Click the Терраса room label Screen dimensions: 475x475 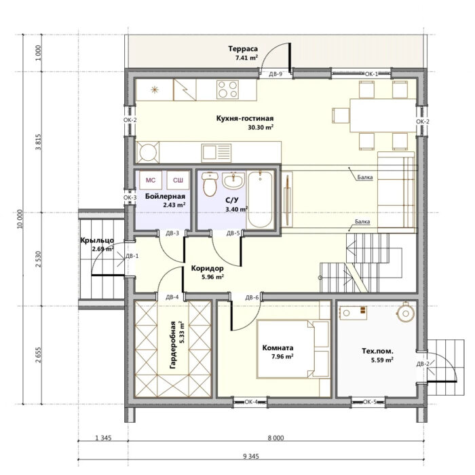point(243,49)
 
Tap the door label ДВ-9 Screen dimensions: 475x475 point(275,74)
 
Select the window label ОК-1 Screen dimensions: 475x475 point(371,73)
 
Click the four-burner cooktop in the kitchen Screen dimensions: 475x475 point(227,90)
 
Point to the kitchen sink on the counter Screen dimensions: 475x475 point(216,152)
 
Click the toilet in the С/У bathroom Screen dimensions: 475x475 point(209,184)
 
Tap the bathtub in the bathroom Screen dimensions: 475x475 point(260,200)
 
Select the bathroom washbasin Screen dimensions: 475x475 point(233,180)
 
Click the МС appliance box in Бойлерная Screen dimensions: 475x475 point(151,180)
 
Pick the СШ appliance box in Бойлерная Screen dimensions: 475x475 point(178,180)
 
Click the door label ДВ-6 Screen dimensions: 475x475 point(252,297)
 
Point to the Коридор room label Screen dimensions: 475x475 point(208,268)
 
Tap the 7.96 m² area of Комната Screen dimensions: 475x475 point(282,356)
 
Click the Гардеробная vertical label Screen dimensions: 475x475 point(172,345)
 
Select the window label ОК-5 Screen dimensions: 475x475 point(370,402)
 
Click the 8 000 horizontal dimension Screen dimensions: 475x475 point(275,438)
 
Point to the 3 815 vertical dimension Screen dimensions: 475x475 point(38,142)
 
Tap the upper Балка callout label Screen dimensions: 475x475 point(365,177)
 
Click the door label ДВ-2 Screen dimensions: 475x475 point(423,364)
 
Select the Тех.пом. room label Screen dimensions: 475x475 point(377,351)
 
